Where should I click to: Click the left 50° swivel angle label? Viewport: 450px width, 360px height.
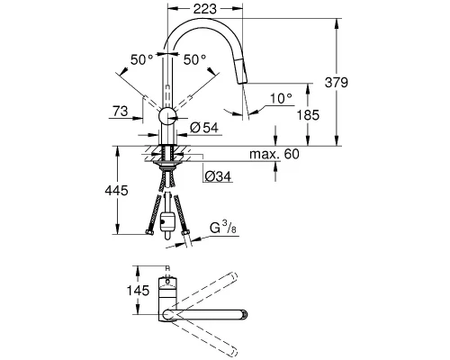tap(140, 58)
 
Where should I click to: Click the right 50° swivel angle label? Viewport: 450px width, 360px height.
tap(195, 58)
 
